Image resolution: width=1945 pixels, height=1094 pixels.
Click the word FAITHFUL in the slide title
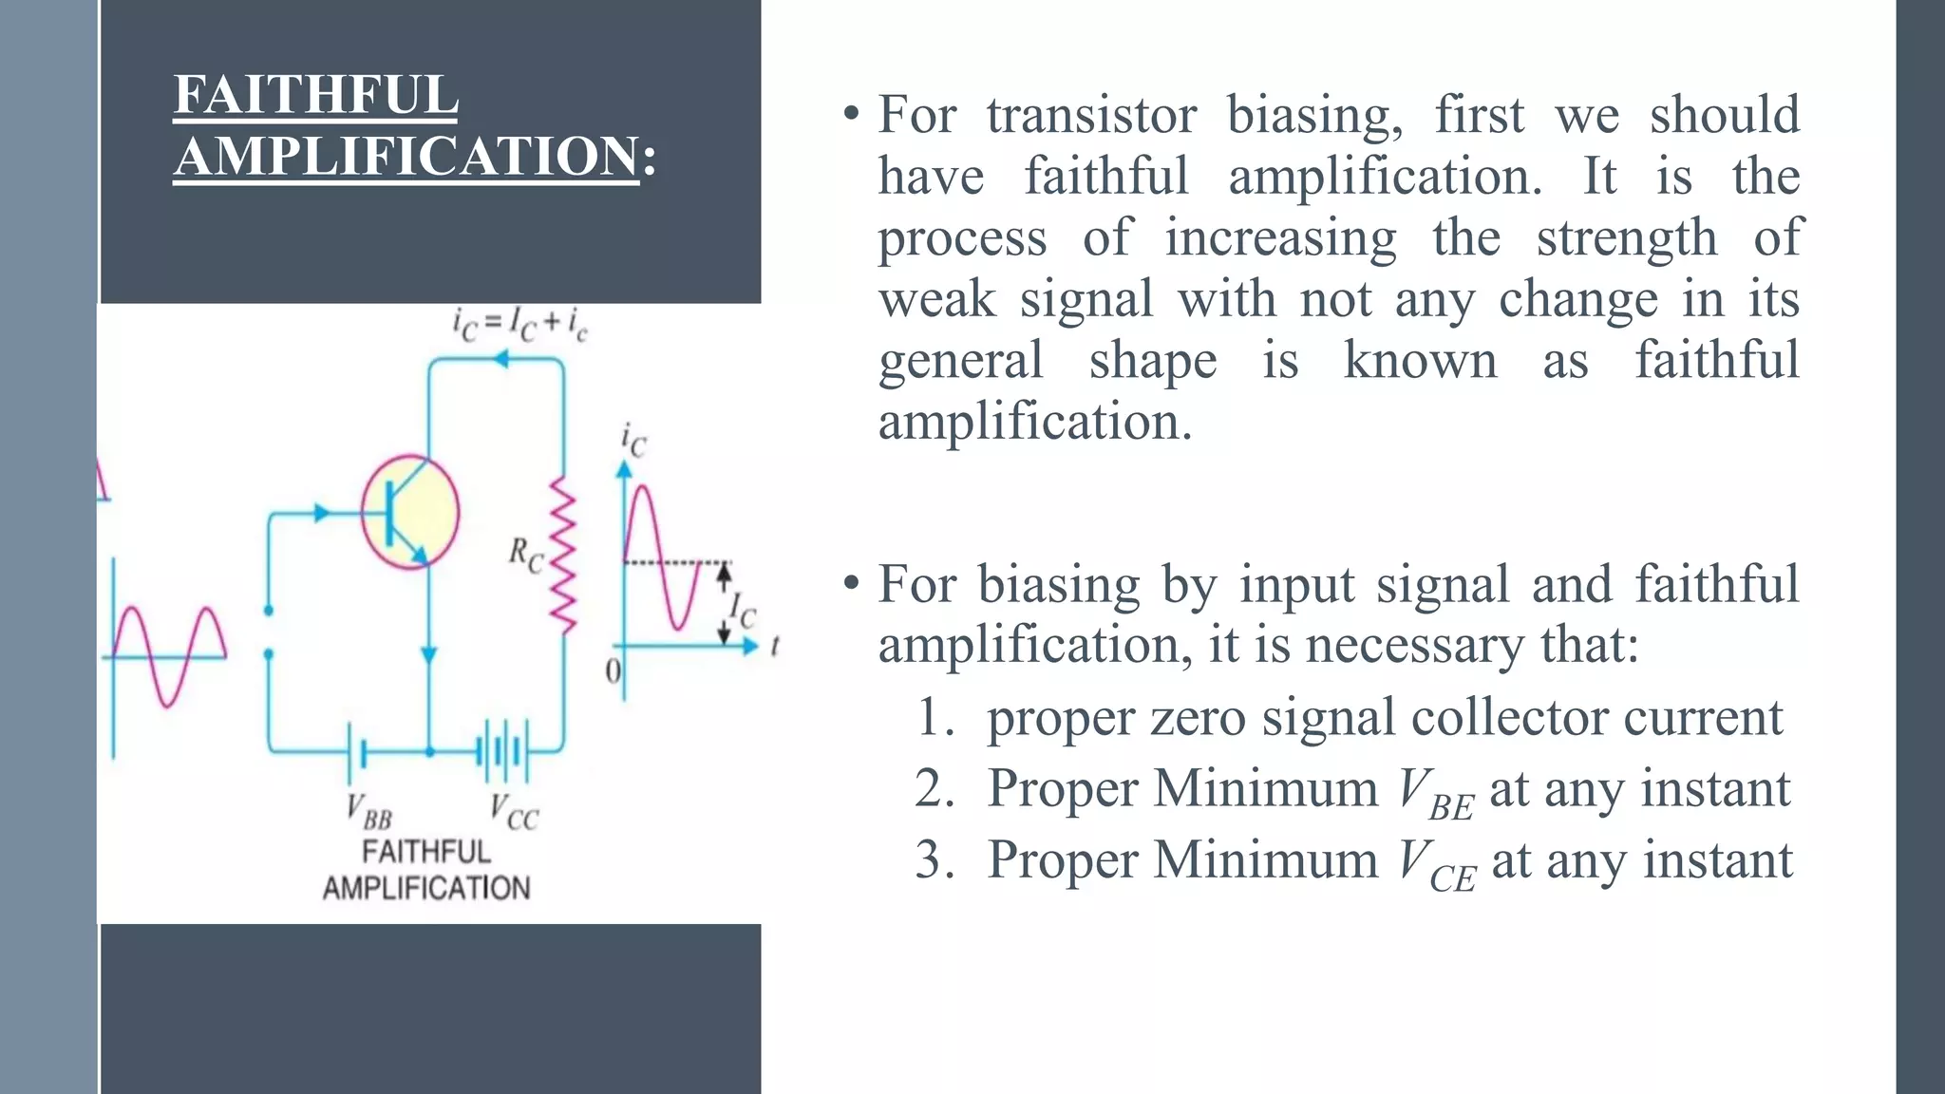[x=315, y=95]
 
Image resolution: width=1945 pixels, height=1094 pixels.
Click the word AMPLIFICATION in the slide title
[x=406, y=156]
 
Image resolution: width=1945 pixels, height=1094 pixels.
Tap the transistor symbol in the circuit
[x=410, y=513]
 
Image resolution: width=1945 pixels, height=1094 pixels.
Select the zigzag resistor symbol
[x=564, y=556]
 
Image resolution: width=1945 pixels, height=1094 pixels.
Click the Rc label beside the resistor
[x=525, y=554]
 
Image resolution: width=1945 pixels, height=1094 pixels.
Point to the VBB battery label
[x=368, y=811]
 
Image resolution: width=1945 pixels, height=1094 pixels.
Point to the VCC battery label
[x=514, y=812]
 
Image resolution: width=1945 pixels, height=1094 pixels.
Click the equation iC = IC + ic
[x=519, y=325]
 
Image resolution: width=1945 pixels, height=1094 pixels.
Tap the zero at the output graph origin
[x=613, y=671]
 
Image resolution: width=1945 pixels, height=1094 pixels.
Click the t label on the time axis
[x=775, y=647]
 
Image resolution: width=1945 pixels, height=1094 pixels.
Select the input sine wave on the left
[x=169, y=655]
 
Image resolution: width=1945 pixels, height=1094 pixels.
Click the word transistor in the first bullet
[x=1091, y=115]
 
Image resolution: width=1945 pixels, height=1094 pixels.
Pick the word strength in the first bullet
[x=1626, y=237]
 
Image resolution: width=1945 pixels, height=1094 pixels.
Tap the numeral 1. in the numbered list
[x=935, y=717]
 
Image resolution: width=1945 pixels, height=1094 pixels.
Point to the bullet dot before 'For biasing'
[x=851, y=582]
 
